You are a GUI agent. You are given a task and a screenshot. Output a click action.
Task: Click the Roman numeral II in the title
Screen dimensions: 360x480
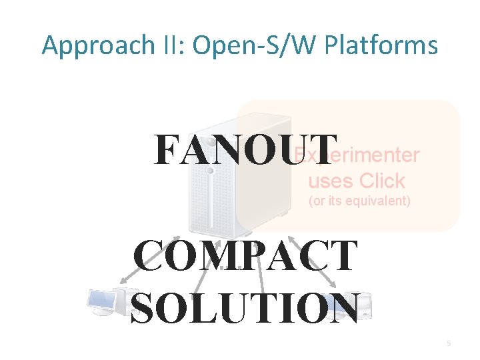click(164, 46)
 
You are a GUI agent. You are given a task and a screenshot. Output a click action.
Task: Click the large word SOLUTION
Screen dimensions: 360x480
click(246, 307)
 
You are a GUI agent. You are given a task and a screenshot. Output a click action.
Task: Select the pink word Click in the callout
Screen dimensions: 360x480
click(381, 181)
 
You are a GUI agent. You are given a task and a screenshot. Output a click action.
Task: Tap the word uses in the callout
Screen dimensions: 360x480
click(330, 181)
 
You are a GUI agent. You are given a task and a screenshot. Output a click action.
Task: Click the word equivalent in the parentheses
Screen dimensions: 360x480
click(377, 201)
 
